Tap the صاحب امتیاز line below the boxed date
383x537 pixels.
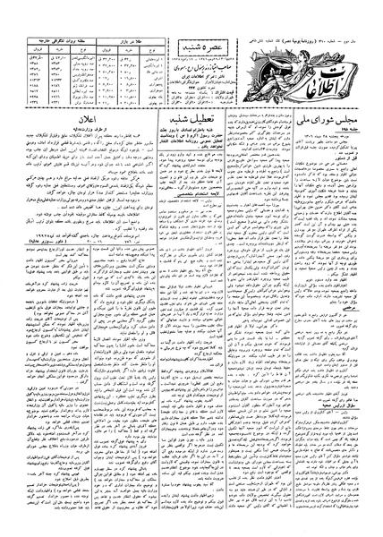[x=205, y=40]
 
